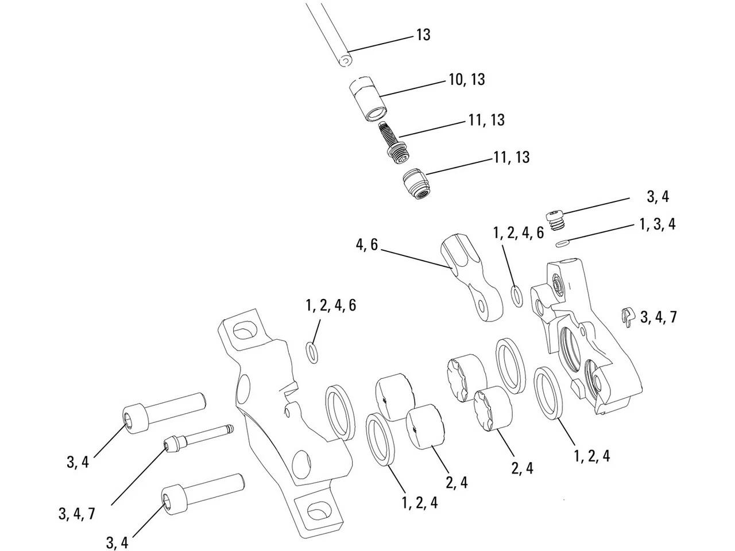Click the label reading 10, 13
point(466,80)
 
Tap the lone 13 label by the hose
point(423,36)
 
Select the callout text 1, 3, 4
point(657,224)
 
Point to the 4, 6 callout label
point(366,245)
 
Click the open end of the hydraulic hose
point(343,60)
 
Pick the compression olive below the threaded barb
point(415,183)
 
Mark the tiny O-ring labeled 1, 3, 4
point(563,243)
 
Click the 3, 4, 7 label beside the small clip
point(658,316)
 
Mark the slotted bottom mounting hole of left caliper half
point(316,509)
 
